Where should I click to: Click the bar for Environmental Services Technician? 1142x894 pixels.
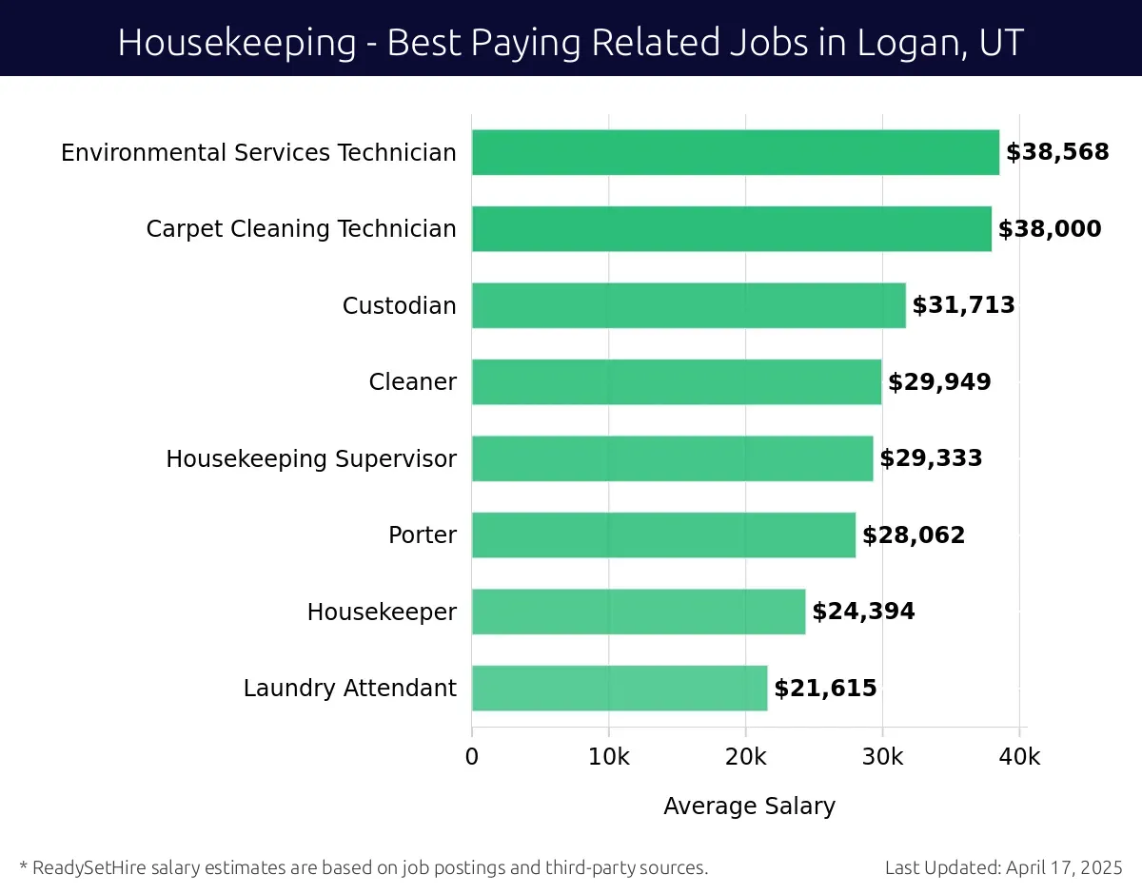[x=735, y=152]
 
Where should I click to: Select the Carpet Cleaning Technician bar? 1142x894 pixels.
[x=731, y=229]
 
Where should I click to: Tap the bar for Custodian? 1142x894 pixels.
[x=688, y=305]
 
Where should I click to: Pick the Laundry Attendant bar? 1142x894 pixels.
[x=619, y=688]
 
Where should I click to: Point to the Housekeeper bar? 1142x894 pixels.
[x=638, y=612]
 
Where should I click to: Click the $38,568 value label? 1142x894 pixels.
[x=1057, y=152]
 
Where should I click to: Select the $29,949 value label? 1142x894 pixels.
[x=939, y=382]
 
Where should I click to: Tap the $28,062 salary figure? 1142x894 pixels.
[x=914, y=535]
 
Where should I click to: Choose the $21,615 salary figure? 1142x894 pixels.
[x=825, y=689]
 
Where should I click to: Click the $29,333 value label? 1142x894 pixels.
[x=931, y=458]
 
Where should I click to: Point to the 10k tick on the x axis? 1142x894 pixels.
[x=608, y=757]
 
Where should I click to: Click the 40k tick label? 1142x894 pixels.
[x=1019, y=757]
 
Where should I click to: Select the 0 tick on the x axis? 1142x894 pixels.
[x=472, y=757]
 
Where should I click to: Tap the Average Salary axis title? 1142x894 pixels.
[x=749, y=807]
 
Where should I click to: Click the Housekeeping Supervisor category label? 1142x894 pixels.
[x=311, y=459]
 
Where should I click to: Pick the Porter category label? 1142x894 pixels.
[x=422, y=535]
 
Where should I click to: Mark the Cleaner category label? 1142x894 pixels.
[x=412, y=382]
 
